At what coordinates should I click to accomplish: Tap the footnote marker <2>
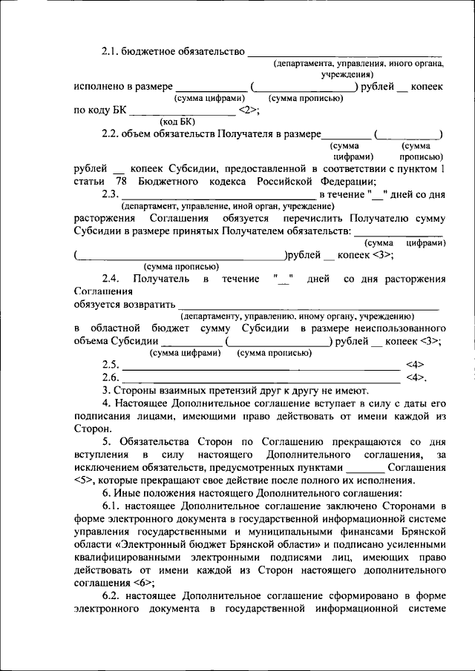[x=247, y=110]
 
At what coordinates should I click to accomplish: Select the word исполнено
[x=99, y=87]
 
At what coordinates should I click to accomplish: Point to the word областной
[x=120, y=328]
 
